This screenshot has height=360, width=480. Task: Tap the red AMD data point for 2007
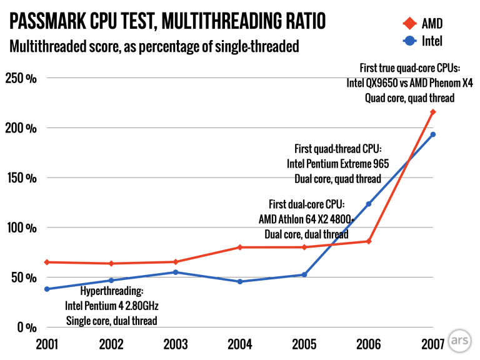432,112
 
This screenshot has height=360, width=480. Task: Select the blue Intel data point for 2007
432,134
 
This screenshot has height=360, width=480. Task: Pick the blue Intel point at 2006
369,204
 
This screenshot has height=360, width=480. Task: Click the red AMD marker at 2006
369,241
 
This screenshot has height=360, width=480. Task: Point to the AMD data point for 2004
240,247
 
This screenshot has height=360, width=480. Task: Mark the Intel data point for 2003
176,272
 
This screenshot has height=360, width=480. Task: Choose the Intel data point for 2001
47,289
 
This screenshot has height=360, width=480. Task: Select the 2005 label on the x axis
304,344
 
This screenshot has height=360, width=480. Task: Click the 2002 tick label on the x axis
111,344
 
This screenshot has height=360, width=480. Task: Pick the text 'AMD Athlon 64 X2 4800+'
306,219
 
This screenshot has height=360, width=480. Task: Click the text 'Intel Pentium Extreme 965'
337,164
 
